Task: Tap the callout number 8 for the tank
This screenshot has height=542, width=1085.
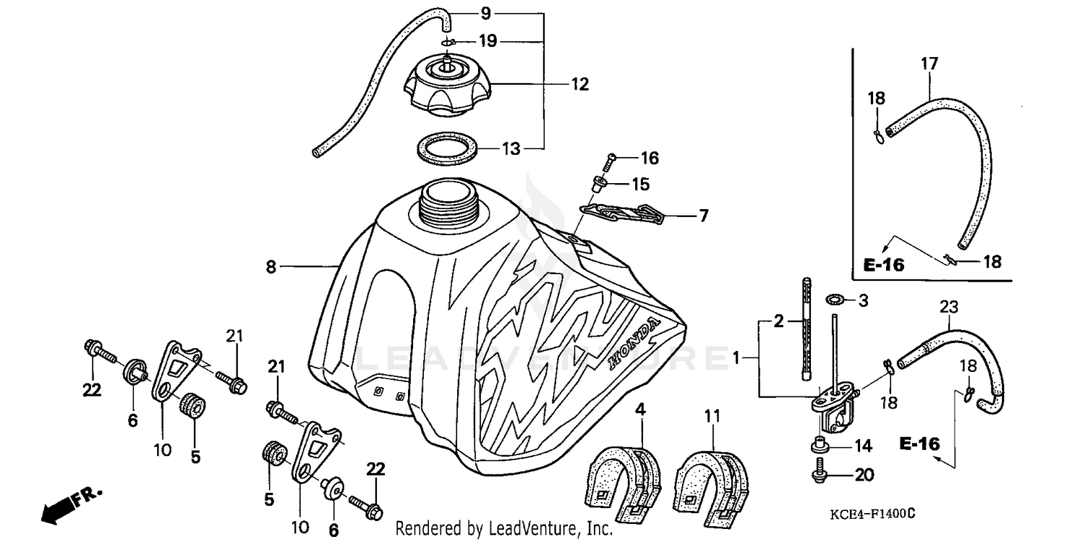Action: tap(271, 267)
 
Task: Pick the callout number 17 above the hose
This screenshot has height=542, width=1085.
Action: tap(929, 64)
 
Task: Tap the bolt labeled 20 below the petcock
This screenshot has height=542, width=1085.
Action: tap(820, 473)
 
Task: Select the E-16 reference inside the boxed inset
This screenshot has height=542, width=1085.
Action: tap(884, 265)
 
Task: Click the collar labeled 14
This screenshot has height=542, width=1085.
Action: tap(820, 444)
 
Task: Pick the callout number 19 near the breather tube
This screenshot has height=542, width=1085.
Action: tap(488, 41)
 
